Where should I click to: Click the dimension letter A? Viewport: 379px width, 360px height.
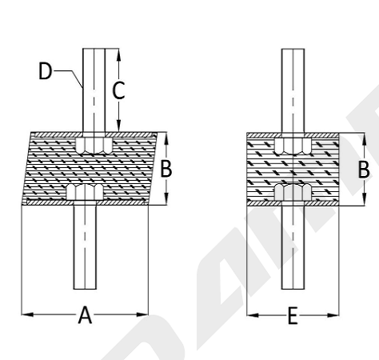pyautogui.click(x=85, y=315)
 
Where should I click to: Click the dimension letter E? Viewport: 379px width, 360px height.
pyautogui.click(x=293, y=316)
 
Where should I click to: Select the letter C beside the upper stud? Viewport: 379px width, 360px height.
pyautogui.click(x=118, y=90)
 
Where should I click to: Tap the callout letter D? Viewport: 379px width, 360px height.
pyautogui.click(x=45, y=71)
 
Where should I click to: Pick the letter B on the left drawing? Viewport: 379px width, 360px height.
pyautogui.click(x=166, y=169)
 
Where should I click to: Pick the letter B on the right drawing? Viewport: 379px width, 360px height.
pyautogui.click(x=364, y=170)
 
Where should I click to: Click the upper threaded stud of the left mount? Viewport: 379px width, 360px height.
pyautogui.click(x=94, y=90)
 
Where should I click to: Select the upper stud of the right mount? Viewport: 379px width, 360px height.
pyautogui.click(x=293, y=90)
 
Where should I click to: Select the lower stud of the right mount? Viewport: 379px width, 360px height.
pyautogui.click(x=293, y=248)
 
